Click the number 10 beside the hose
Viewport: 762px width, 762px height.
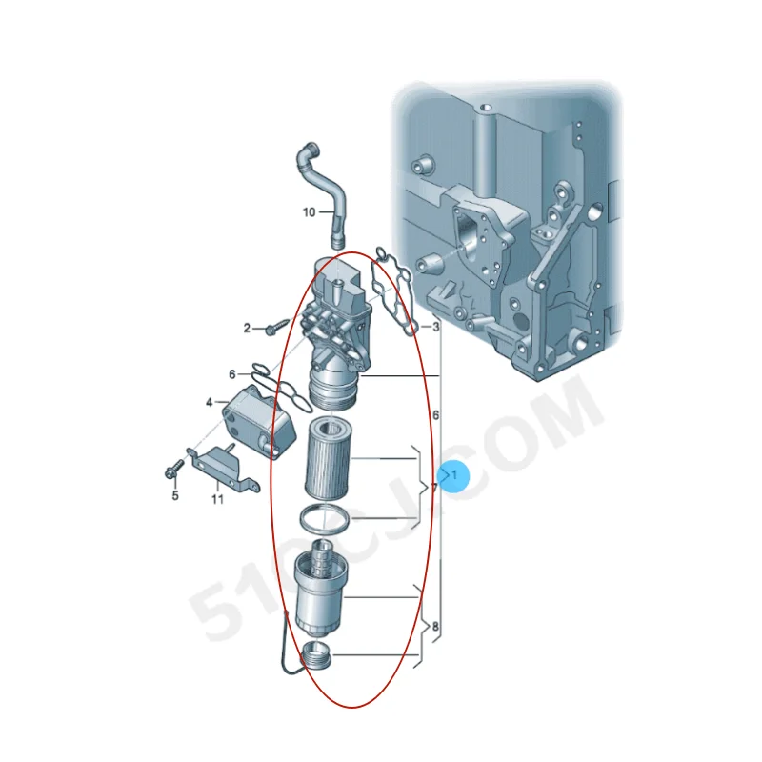pos(309,212)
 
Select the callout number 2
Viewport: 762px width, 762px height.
pos(247,329)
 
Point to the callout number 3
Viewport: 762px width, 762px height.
pos(436,328)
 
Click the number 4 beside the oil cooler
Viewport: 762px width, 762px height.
pos(209,403)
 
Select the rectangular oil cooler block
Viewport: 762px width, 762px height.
pos(251,418)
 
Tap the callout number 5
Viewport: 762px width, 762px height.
pos(175,495)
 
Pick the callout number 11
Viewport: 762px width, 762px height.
pos(217,498)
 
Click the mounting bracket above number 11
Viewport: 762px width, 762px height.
pos(225,466)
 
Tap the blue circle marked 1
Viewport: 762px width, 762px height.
pos(454,473)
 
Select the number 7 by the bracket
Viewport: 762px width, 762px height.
pos(434,488)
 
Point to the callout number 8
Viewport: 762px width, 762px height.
pos(435,628)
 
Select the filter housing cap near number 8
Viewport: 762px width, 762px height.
pos(321,591)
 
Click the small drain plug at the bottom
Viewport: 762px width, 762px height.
pos(316,655)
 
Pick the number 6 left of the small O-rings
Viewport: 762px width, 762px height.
pos(231,374)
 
